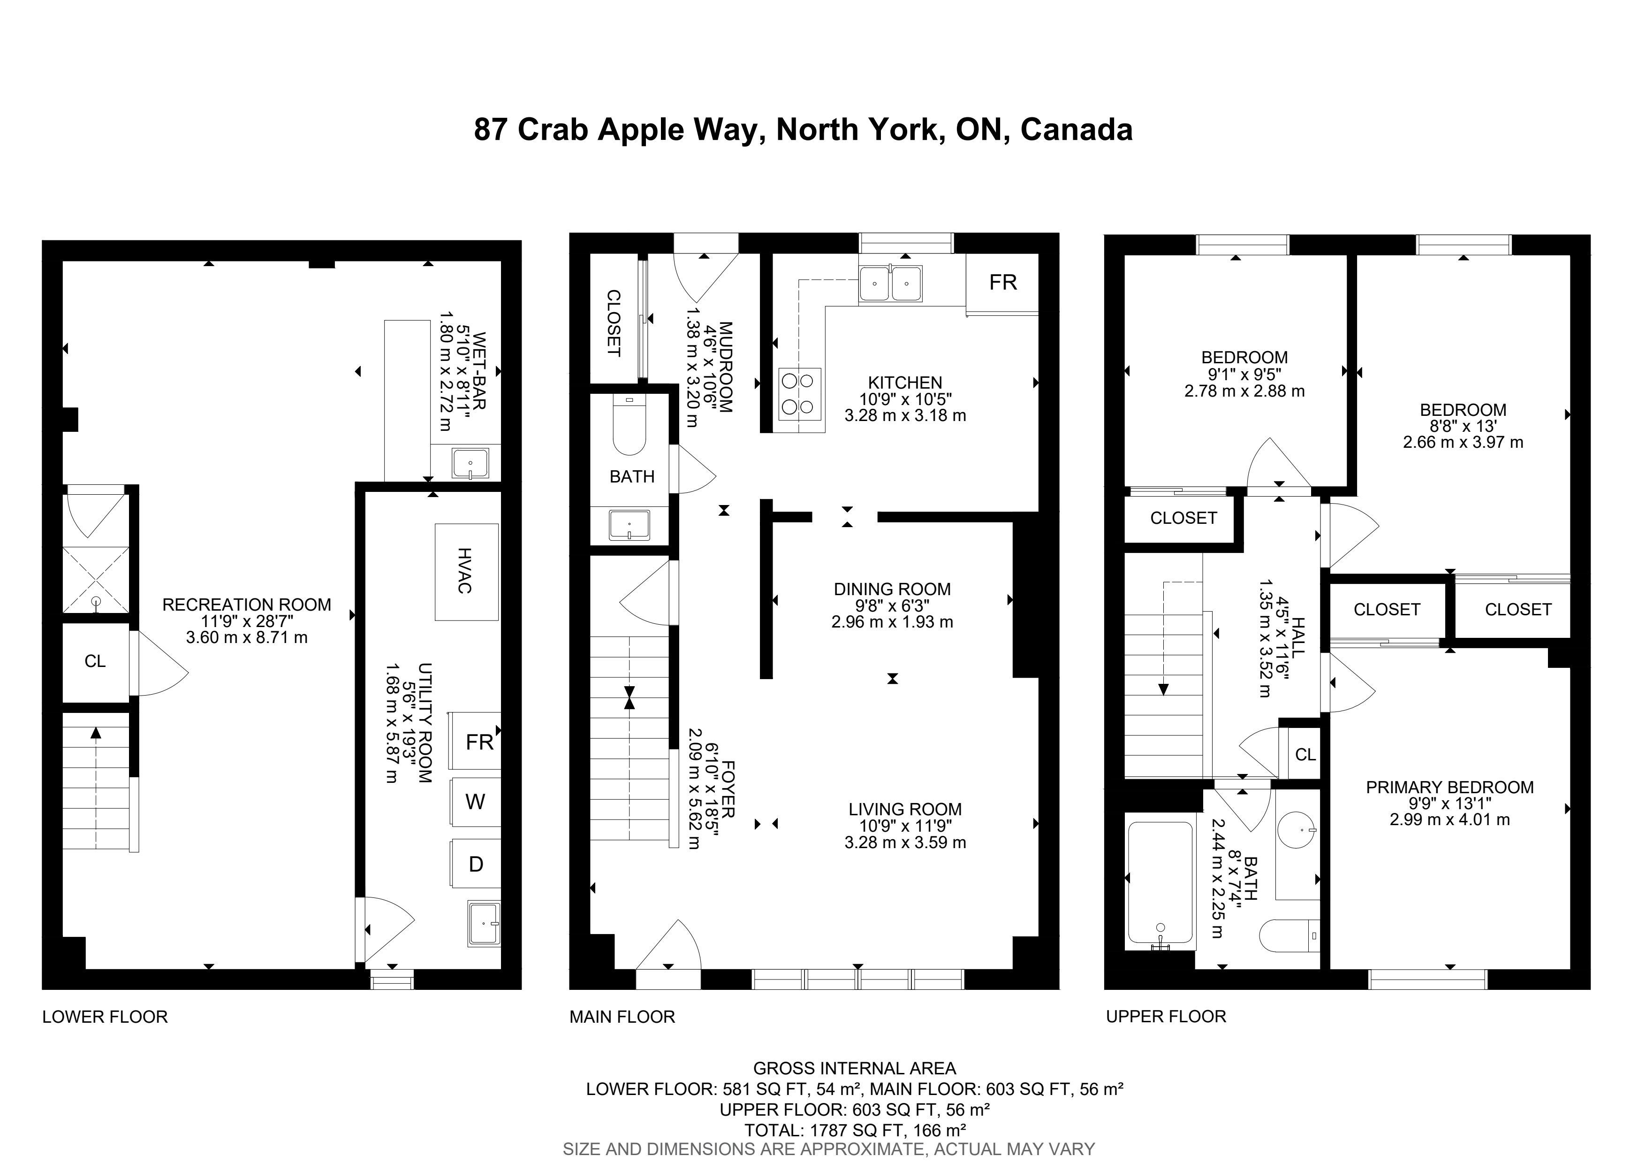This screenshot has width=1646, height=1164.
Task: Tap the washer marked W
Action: click(x=475, y=801)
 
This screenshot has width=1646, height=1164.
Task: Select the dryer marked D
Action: click(x=475, y=864)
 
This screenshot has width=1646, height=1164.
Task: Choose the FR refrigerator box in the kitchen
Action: click(x=1002, y=283)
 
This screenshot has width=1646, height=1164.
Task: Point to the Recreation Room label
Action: click(x=247, y=605)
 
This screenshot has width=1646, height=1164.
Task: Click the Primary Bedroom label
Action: click(x=1449, y=787)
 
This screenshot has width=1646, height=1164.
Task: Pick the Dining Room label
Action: click(x=892, y=589)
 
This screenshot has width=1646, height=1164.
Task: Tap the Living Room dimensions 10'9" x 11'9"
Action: click(x=905, y=826)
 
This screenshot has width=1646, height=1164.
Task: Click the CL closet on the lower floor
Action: click(x=95, y=661)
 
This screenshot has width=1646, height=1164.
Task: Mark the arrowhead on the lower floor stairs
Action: click(x=96, y=732)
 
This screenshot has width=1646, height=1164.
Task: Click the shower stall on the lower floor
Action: click(x=96, y=580)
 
